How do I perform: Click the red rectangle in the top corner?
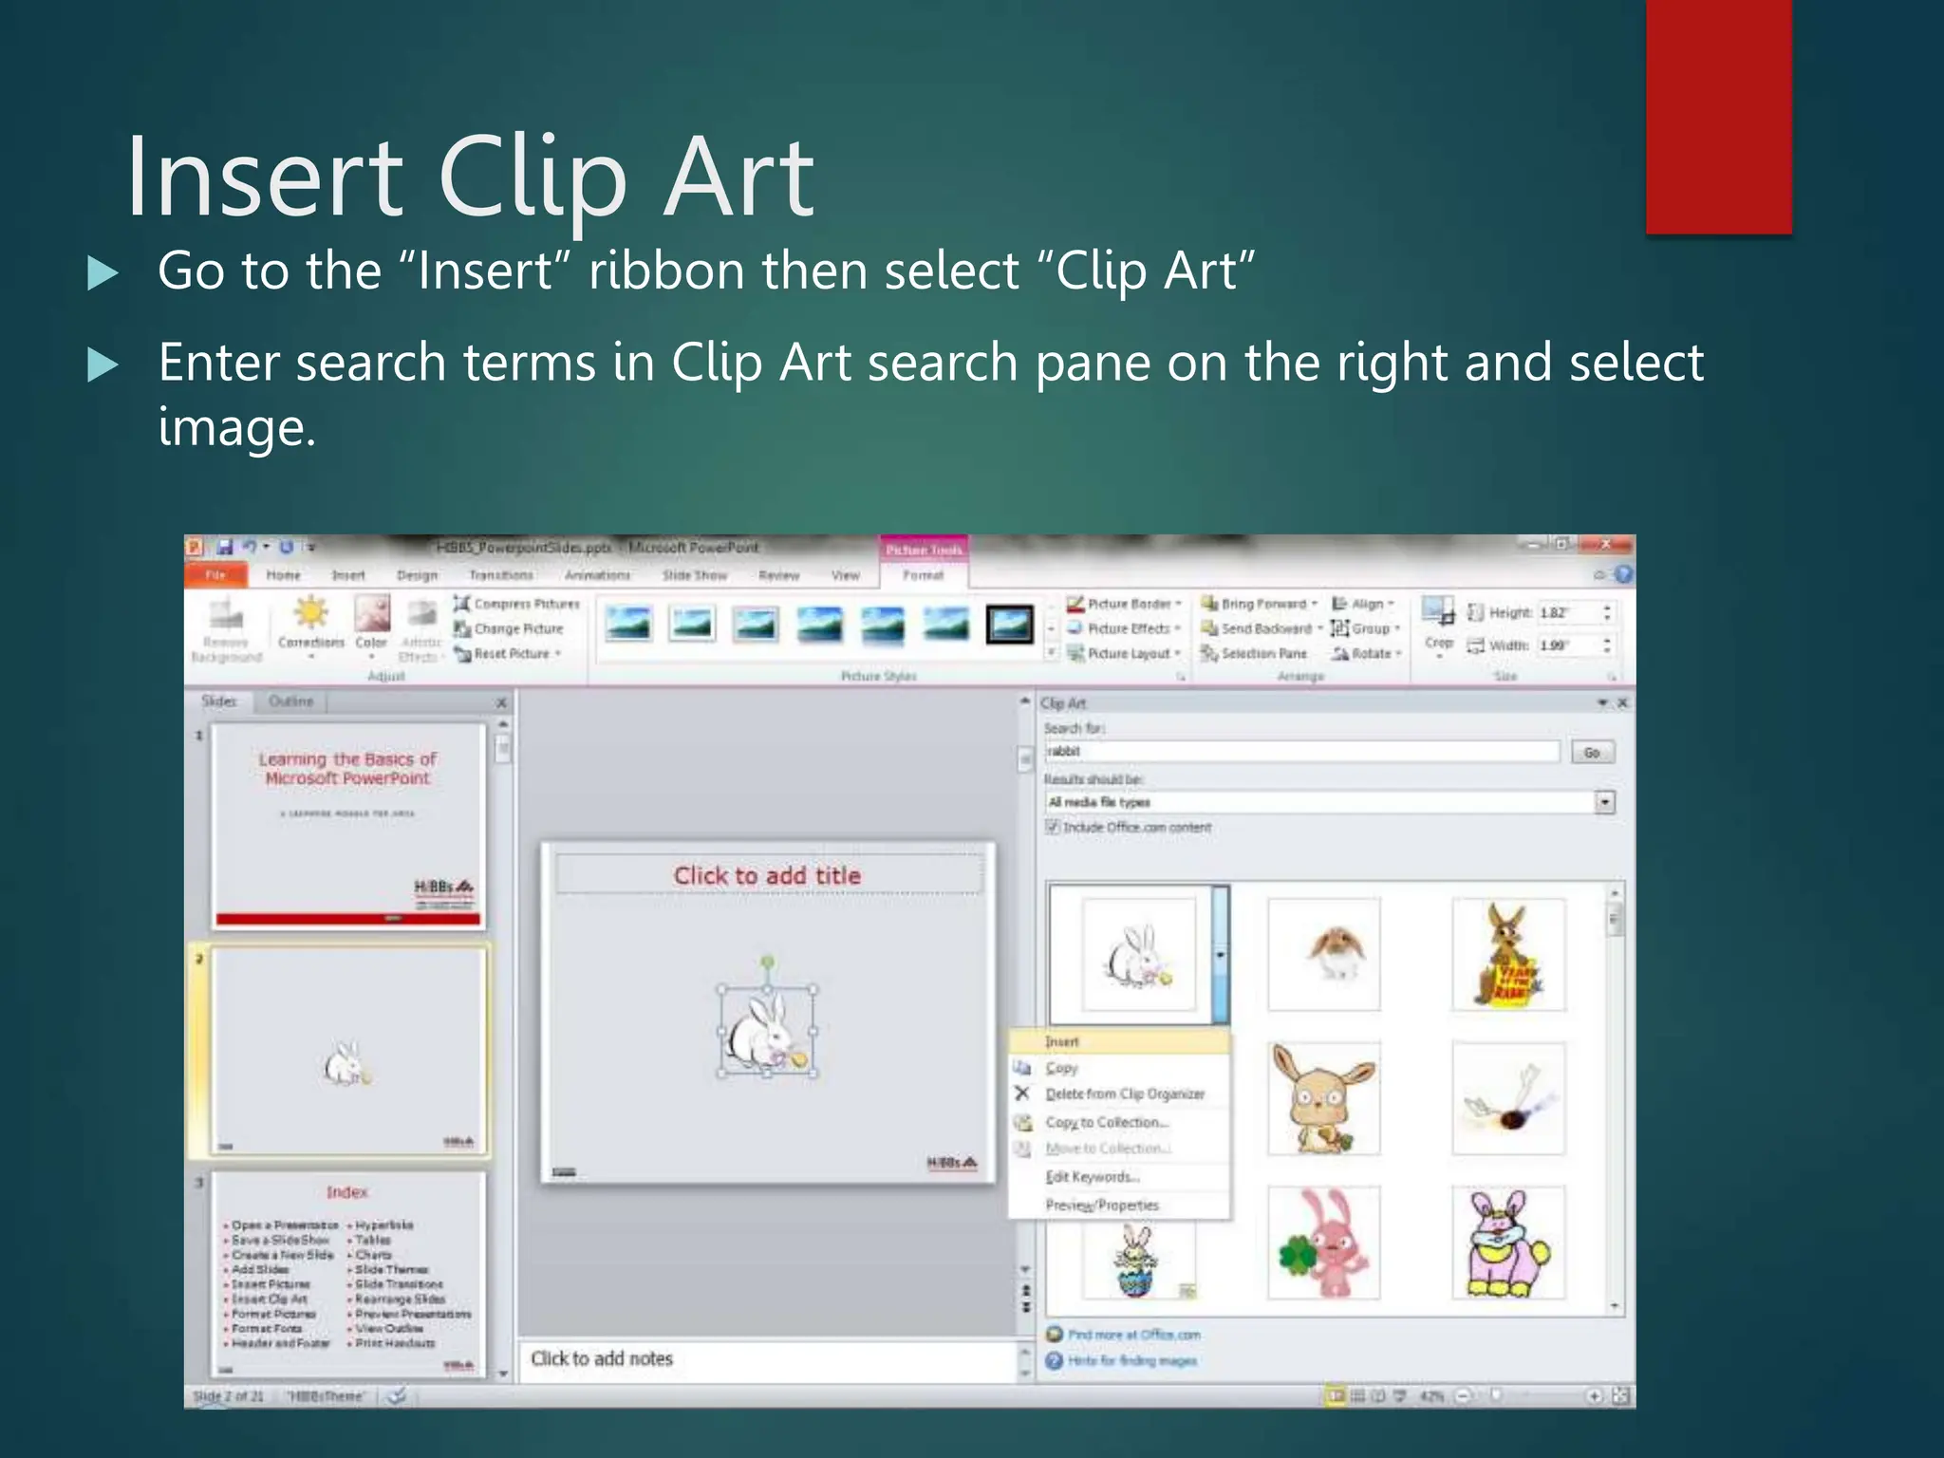coord(1718,116)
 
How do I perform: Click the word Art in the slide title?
coord(738,178)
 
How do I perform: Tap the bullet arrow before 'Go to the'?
coord(103,273)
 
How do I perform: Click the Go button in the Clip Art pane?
coord(1591,753)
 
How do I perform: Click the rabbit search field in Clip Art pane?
coord(1300,752)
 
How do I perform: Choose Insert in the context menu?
coord(1062,1041)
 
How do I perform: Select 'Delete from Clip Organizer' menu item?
coord(1124,1094)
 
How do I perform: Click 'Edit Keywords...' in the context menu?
coord(1092,1177)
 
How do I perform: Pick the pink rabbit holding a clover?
coord(1324,1243)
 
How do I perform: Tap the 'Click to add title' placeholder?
coord(767,876)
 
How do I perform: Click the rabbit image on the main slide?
coord(767,1033)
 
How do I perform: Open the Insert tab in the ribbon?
coord(348,575)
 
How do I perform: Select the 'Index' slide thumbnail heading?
coord(346,1192)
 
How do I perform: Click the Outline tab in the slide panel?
coord(290,701)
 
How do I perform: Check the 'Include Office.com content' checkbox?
coord(1053,827)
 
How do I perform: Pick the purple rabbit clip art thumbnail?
coord(1508,1243)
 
